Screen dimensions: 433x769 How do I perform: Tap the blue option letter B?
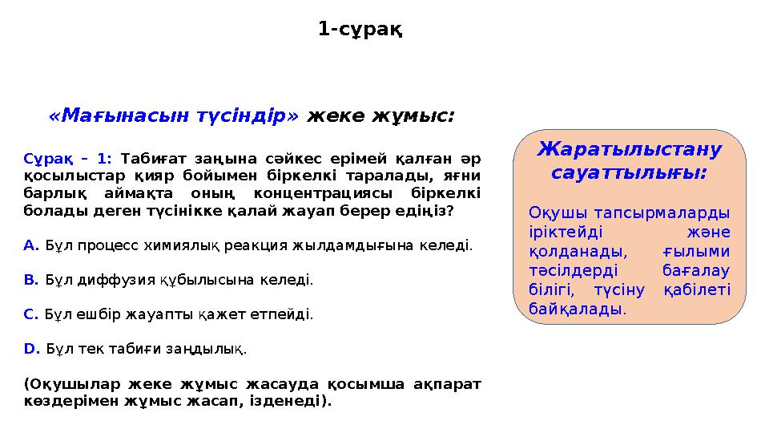point(31,280)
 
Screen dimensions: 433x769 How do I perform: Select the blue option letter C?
point(31,314)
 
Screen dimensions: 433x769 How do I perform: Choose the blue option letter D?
point(32,349)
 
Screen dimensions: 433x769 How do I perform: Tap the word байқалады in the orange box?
point(577,308)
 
